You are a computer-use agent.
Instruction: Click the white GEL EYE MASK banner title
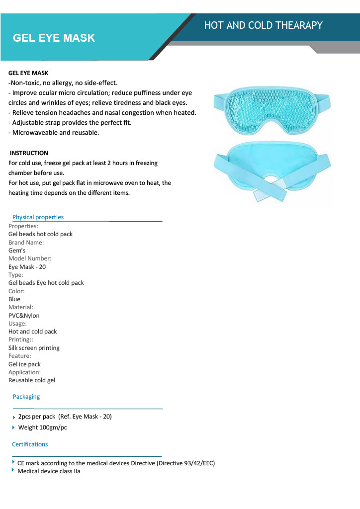[x=54, y=38]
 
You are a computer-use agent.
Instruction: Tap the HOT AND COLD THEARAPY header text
[x=263, y=25]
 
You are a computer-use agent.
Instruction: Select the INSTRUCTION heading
[x=29, y=153]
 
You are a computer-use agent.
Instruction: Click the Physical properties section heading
[x=38, y=217]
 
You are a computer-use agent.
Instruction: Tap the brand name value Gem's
[x=17, y=251]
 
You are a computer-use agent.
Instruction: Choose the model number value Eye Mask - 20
[x=27, y=267]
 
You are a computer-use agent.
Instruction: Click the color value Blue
[x=14, y=299]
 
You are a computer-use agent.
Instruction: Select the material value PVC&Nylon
[x=24, y=316]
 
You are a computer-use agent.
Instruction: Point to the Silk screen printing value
[x=34, y=348]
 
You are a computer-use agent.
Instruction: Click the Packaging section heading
[x=26, y=397]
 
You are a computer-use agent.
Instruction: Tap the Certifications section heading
[x=30, y=444]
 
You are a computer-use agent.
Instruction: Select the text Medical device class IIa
[x=49, y=471]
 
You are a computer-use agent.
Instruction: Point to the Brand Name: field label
[x=26, y=243]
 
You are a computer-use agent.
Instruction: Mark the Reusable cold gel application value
[x=32, y=380]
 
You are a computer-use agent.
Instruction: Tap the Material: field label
[x=21, y=307]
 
